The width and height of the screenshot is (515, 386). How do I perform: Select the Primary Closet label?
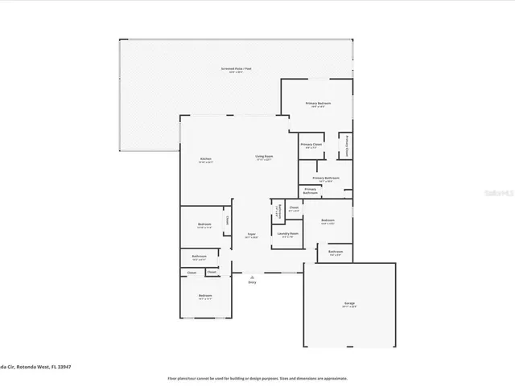point(311,146)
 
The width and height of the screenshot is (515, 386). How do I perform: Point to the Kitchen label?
point(206,160)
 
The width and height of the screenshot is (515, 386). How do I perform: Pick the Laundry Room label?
point(288,235)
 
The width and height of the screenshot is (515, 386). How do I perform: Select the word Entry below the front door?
point(252,282)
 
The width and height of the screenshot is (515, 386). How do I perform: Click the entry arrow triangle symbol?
point(252,277)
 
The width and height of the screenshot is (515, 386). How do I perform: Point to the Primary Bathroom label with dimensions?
point(326,179)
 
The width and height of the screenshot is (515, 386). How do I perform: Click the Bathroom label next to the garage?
point(335,253)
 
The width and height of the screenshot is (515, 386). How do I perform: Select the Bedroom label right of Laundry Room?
point(328,221)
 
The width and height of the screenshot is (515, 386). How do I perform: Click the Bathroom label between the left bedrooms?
point(199,258)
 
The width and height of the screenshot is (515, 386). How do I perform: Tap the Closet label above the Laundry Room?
point(294,208)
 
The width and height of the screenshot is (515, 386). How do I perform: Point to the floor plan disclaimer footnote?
point(257,378)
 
